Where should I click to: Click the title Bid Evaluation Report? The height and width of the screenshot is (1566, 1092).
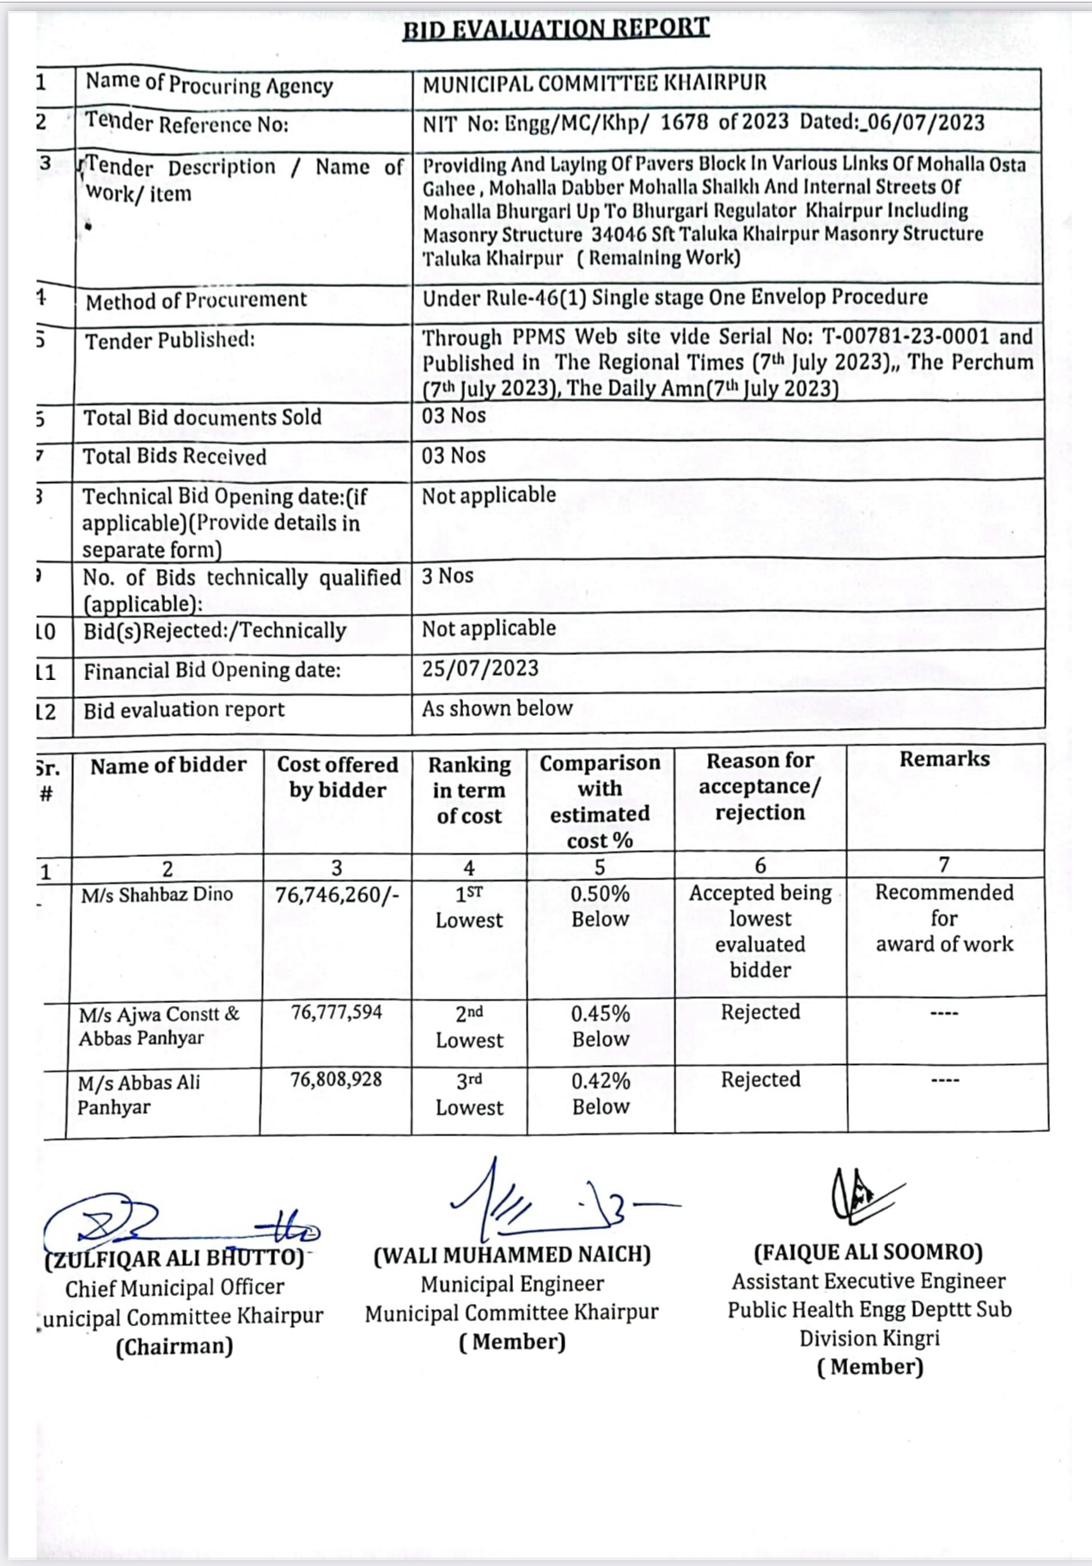tap(556, 28)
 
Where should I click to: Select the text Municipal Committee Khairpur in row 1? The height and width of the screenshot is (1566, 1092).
tap(595, 84)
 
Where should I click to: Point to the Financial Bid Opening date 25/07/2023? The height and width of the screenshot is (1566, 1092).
tap(480, 669)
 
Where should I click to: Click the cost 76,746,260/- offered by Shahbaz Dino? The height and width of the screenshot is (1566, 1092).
tap(337, 896)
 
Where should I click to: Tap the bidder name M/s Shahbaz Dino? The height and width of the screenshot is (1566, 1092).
tap(157, 895)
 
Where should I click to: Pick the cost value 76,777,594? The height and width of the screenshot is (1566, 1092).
tap(336, 1012)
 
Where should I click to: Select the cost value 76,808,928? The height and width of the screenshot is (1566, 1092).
tap(336, 1080)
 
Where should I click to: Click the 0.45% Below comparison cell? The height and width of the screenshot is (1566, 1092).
tap(601, 1026)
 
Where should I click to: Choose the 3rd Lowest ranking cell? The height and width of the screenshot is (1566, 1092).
tap(469, 1094)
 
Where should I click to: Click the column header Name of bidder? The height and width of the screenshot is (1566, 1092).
tap(168, 765)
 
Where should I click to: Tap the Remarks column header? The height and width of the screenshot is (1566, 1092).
tap(944, 759)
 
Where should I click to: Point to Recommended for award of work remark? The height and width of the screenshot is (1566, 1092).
tap(944, 918)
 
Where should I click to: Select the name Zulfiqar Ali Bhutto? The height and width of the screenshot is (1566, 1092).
tap(174, 1259)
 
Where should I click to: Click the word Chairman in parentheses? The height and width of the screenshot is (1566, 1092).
tap(174, 1346)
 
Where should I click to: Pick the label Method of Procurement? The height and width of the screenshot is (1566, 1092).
tap(196, 301)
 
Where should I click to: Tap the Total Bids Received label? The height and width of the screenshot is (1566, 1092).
tap(174, 457)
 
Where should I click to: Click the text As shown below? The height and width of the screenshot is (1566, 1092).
tap(497, 708)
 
